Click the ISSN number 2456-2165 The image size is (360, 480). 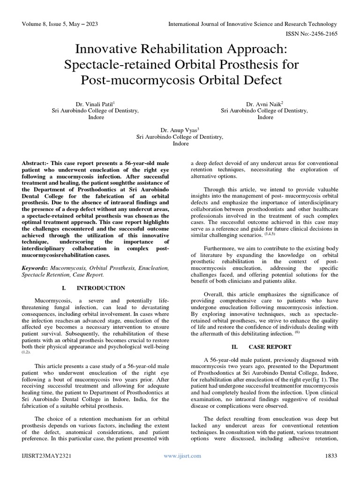click(x=320, y=34)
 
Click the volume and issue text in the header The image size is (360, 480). click(x=59, y=24)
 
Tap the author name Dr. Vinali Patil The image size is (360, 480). click(x=94, y=104)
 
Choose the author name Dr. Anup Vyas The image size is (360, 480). click(x=179, y=130)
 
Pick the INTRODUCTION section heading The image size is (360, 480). click(x=101, y=288)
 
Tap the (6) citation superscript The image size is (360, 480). click(x=297, y=332)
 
